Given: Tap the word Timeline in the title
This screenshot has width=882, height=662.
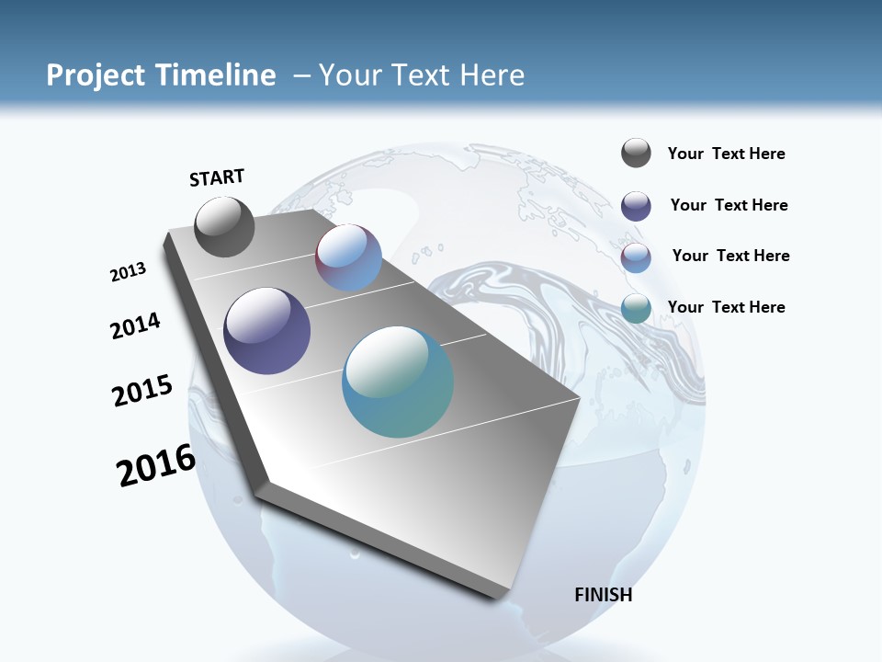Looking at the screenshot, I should click(x=217, y=75).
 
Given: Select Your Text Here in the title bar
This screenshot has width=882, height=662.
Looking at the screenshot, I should click(x=422, y=75).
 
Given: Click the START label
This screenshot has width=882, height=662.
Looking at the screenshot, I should click(x=217, y=177).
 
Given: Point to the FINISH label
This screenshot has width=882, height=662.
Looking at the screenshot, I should click(x=603, y=595).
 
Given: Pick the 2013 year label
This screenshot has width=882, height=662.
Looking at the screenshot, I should click(x=128, y=272).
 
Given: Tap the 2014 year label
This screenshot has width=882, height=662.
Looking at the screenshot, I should click(x=135, y=326).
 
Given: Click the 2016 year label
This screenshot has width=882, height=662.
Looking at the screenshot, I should click(x=155, y=465).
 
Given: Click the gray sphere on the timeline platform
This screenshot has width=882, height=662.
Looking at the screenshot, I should click(x=224, y=226).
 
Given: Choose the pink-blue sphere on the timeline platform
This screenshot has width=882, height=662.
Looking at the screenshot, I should click(x=348, y=257).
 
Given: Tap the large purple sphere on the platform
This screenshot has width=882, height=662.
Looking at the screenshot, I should click(x=267, y=331).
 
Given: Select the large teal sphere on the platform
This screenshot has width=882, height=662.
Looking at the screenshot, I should click(x=398, y=382).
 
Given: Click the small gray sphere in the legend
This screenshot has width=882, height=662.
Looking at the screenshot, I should click(x=636, y=154).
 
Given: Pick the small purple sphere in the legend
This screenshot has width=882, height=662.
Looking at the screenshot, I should click(x=636, y=206).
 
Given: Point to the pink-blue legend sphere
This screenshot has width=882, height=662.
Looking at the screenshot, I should click(x=636, y=257).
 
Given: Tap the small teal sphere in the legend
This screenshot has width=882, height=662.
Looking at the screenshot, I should click(x=636, y=308).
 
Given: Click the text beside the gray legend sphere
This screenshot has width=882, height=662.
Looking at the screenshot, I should click(x=726, y=154).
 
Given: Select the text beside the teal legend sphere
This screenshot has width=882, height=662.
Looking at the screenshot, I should click(x=726, y=307).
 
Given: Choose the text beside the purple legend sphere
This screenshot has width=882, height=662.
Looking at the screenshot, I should click(x=729, y=205).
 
